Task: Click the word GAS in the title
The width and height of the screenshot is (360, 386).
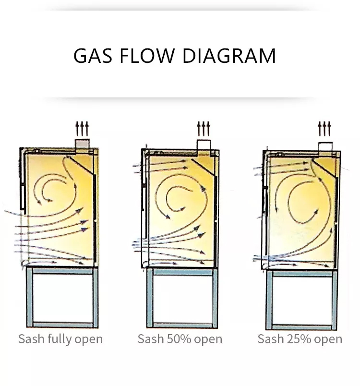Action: tap(93, 56)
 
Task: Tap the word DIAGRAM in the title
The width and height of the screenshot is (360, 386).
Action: tap(229, 56)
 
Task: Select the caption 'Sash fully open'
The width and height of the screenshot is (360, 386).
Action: tap(60, 339)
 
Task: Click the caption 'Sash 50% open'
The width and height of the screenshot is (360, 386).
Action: tap(180, 339)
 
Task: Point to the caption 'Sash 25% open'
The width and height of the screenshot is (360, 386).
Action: tap(300, 339)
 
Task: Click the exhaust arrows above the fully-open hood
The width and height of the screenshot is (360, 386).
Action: tap(83, 129)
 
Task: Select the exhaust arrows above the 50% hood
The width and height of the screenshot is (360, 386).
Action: tap(204, 129)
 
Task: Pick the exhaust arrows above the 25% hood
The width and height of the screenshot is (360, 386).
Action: tap(324, 129)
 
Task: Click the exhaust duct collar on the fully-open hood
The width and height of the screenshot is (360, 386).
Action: tap(83, 144)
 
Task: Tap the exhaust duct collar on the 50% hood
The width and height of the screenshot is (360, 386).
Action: tap(204, 145)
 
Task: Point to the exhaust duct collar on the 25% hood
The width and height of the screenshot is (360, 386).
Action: tap(324, 145)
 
